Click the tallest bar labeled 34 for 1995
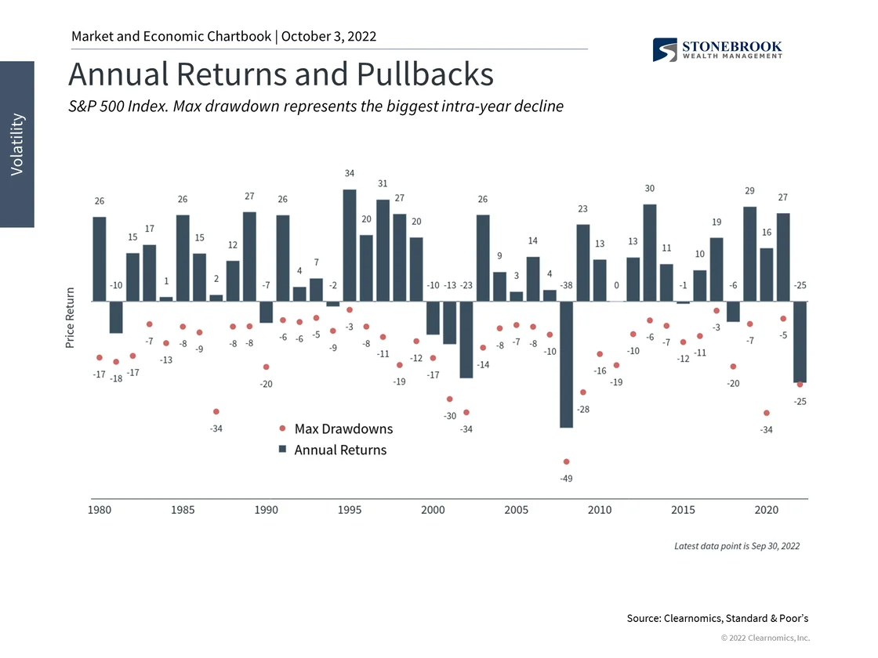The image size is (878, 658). point(350,244)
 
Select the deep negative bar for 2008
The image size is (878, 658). point(566,364)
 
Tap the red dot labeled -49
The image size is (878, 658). point(566,462)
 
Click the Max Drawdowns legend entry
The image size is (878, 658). point(343,429)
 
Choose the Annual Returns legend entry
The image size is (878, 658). point(339,450)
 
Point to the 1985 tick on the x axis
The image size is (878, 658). point(183,510)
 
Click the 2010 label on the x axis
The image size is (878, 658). point(600,510)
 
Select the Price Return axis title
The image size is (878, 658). point(71,318)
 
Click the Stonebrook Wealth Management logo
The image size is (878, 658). point(717,49)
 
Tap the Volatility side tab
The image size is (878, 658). point(17,145)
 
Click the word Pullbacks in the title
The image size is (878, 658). point(426,74)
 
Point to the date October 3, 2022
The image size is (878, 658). point(328,36)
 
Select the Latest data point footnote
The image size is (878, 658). point(737,546)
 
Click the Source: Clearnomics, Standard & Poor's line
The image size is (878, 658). point(718,619)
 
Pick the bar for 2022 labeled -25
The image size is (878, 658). point(800,342)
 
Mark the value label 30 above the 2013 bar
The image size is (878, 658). point(650,189)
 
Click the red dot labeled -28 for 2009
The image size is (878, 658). point(582,392)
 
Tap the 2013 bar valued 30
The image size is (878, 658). point(649,252)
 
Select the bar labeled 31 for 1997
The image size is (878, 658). point(383,250)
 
